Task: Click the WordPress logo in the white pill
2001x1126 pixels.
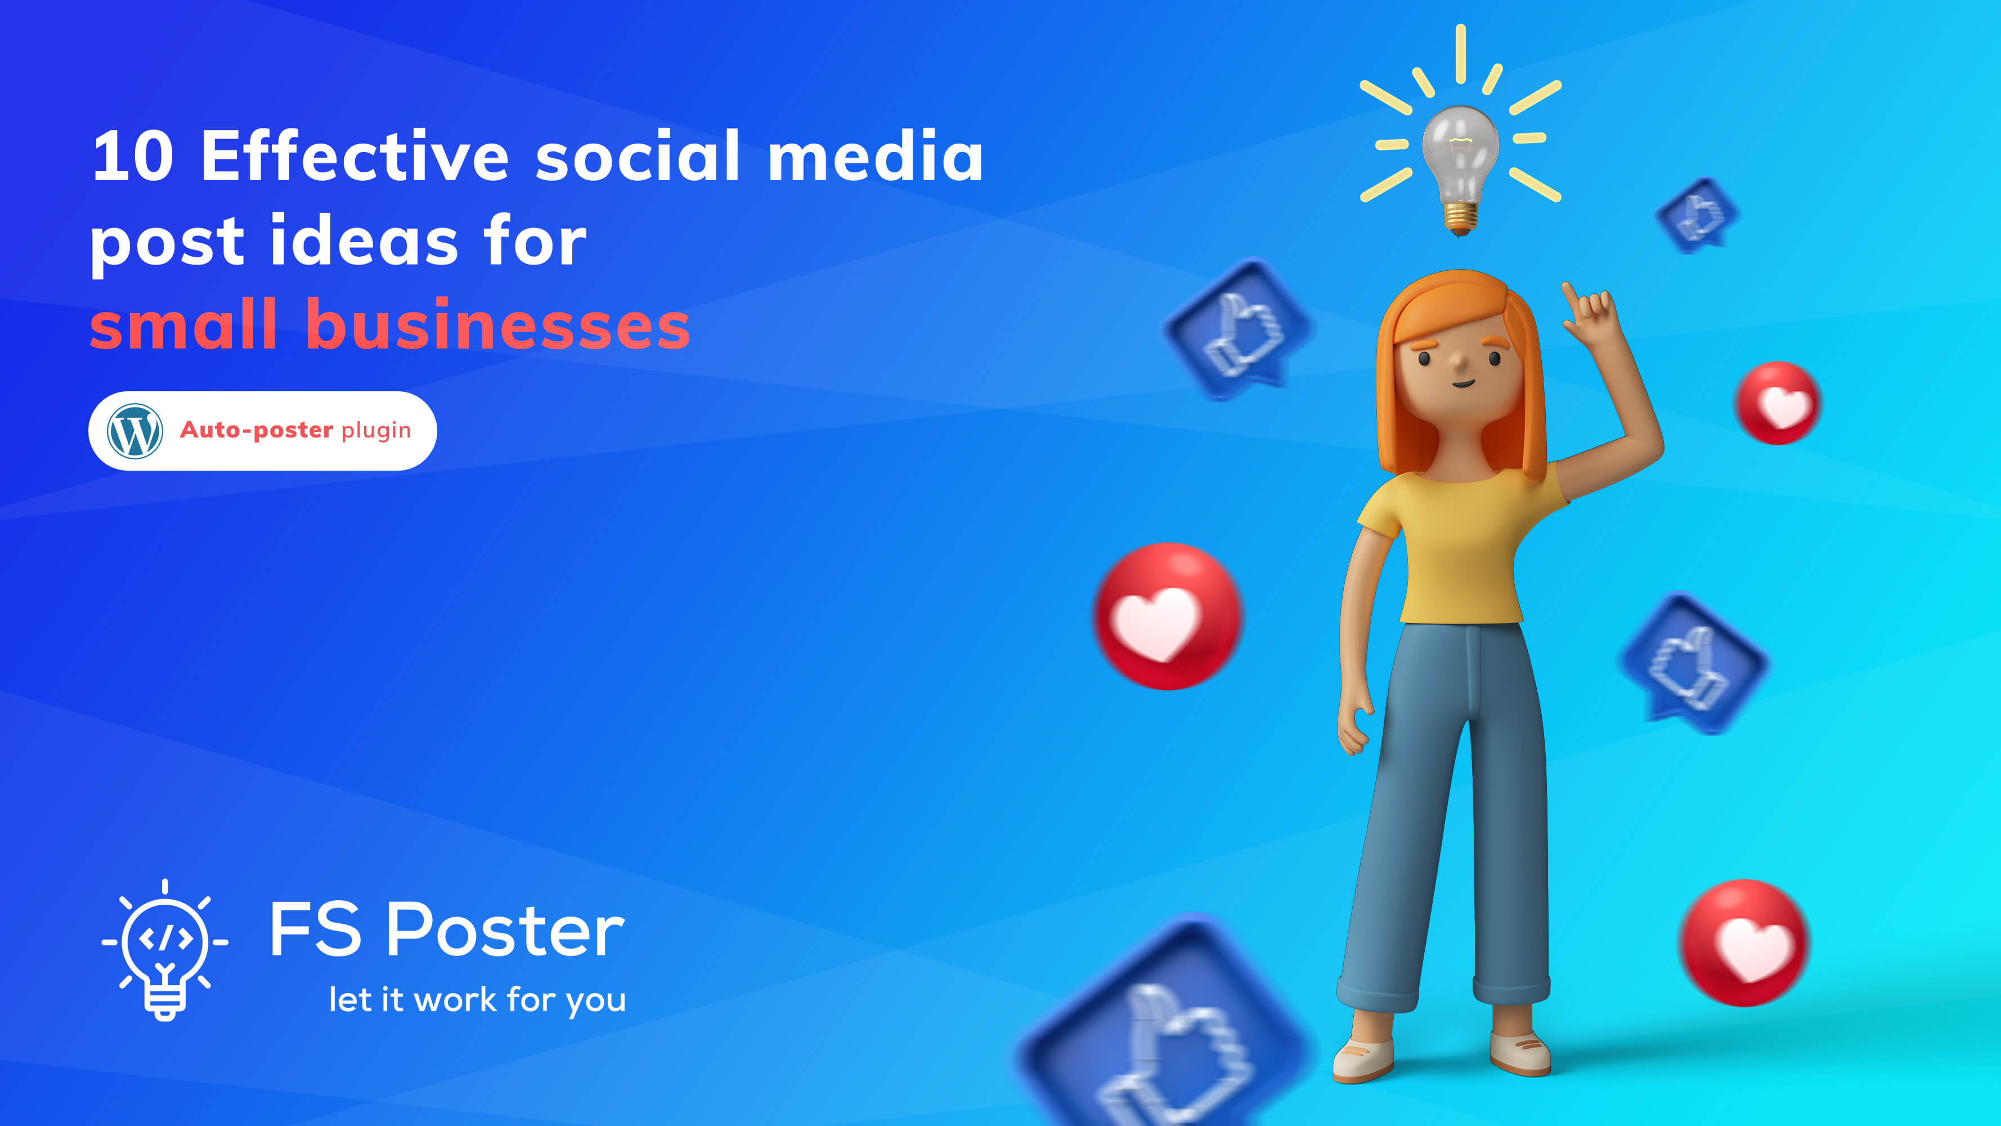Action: coord(134,431)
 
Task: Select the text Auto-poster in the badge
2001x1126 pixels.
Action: coord(257,430)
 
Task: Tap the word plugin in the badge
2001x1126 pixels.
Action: coord(376,431)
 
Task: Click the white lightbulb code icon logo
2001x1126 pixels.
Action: coord(165,950)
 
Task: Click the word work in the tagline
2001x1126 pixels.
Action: coord(455,999)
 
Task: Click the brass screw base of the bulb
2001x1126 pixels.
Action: coord(1460,217)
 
